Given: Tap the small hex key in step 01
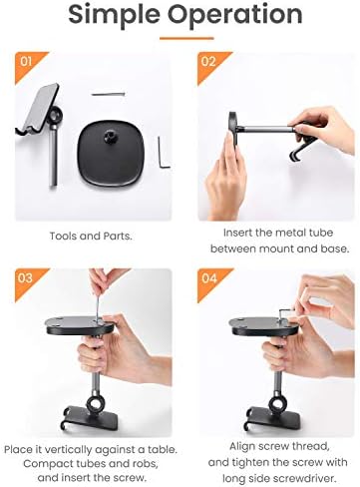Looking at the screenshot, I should click(x=165, y=154).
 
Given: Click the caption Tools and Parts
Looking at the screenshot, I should click(x=90, y=237).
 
